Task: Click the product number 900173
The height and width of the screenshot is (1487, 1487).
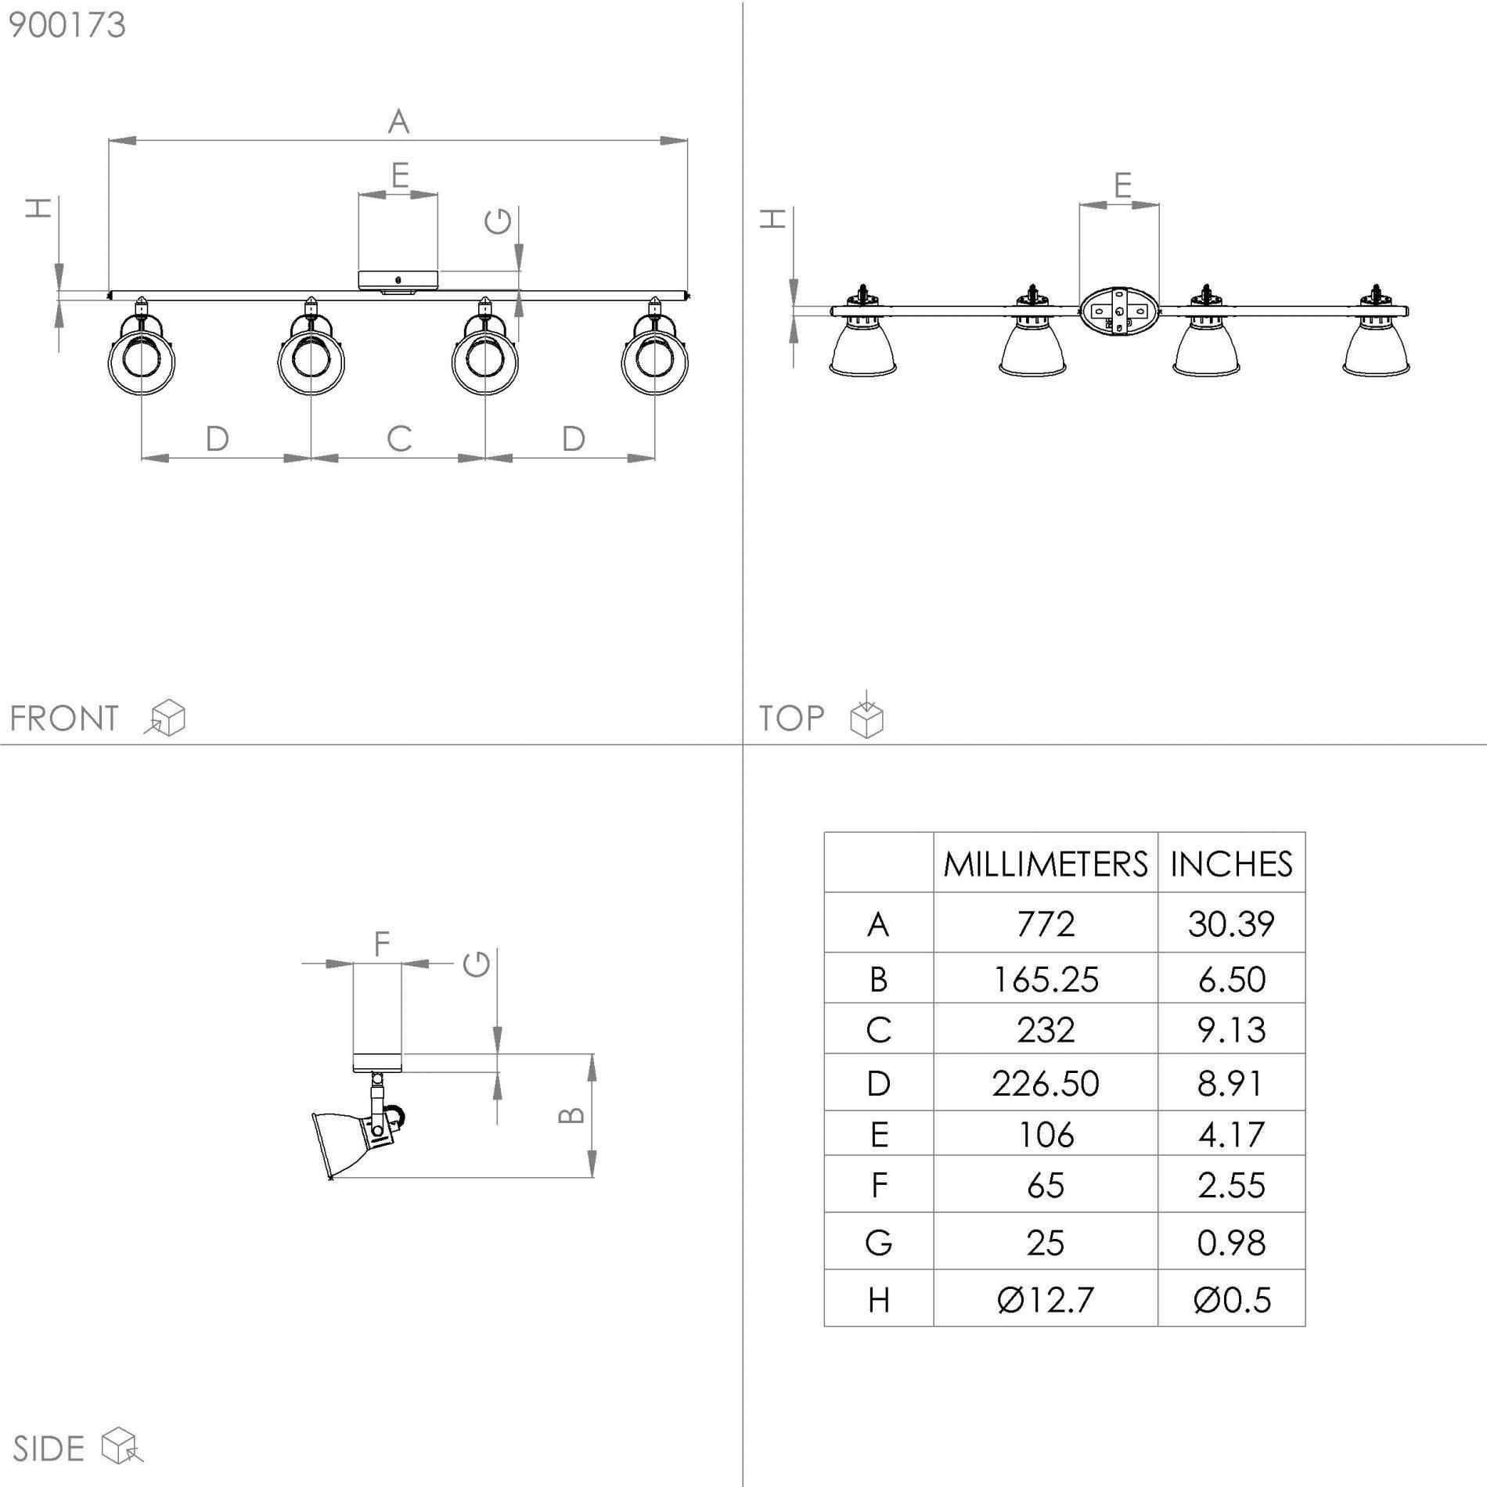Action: point(67,25)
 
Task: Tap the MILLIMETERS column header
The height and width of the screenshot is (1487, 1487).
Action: point(1046,864)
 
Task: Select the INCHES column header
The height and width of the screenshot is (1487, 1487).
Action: point(1232,864)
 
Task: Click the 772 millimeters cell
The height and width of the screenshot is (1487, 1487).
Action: point(1046,924)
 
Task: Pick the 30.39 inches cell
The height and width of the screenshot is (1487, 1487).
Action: point(1232,924)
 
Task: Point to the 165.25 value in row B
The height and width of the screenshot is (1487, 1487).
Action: point(1046,979)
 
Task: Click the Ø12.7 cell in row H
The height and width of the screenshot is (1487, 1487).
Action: point(1046,1300)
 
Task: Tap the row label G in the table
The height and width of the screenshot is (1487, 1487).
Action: point(879,1243)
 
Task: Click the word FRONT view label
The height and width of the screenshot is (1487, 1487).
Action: point(64,718)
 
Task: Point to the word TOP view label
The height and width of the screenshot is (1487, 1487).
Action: point(791,718)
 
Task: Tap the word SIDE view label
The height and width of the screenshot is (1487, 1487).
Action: point(49,1449)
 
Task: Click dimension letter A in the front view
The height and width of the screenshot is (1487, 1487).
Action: point(398,122)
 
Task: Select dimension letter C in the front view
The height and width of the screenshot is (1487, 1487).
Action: point(399,438)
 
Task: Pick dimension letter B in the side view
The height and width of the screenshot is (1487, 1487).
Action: point(572,1114)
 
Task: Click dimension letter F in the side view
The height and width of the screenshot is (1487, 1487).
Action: point(381,944)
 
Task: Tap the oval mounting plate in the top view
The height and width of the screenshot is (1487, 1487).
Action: point(1119,311)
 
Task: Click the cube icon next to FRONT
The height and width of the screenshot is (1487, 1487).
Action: point(165,718)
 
